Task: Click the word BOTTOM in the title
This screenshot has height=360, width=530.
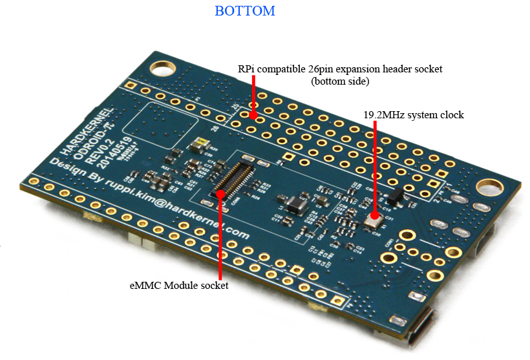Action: coord(245,11)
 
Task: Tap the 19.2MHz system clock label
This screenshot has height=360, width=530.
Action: coord(414,114)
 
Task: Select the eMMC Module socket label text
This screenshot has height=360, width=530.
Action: coord(179,285)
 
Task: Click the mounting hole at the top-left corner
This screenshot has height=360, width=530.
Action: coord(157,67)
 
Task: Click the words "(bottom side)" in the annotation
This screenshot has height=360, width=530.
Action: coord(340,81)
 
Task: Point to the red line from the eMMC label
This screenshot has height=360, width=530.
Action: coord(221,233)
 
